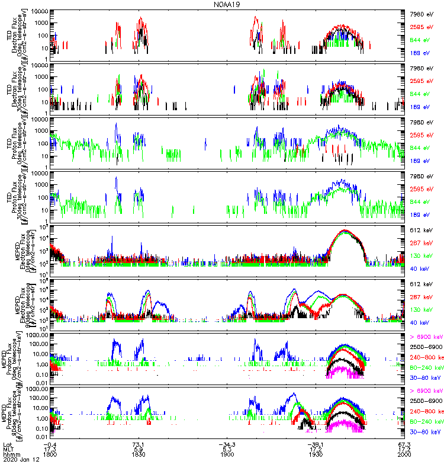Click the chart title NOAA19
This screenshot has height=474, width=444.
pyautogui.click(x=227, y=4)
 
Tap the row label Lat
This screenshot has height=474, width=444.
pyautogui.click(x=8, y=444)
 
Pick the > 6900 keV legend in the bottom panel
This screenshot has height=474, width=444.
pyautogui.click(x=425, y=391)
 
